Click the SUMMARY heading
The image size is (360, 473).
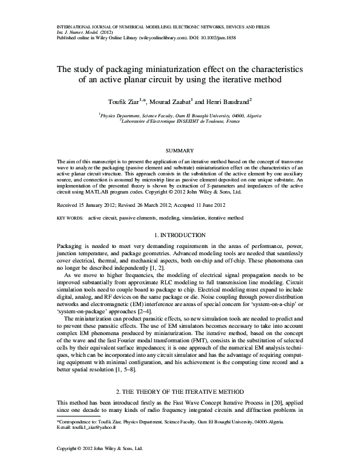coord(180,150)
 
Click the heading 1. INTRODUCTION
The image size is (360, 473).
coord(180,234)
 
